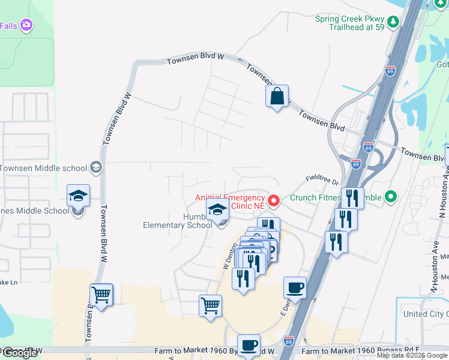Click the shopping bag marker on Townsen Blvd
(277, 96)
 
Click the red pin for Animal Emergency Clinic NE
(274, 200)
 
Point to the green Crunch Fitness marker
(391, 196)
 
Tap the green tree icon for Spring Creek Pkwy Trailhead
(393, 22)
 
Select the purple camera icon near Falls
(26, 25)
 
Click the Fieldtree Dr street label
(322, 178)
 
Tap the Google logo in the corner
(19, 353)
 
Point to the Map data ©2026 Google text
(412, 355)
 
